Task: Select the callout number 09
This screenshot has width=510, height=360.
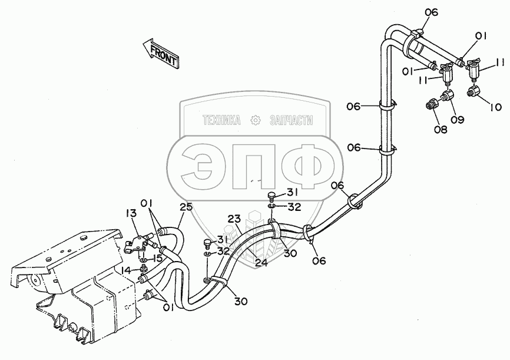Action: click(x=457, y=119)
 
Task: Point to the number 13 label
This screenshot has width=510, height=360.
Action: click(x=130, y=213)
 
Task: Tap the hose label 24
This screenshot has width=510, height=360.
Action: click(x=261, y=263)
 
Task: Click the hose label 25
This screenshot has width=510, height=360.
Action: click(x=186, y=208)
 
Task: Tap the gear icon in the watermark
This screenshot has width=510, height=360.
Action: click(x=256, y=120)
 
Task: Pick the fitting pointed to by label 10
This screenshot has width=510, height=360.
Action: click(x=473, y=91)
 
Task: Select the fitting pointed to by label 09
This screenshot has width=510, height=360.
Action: click(x=449, y=94)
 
